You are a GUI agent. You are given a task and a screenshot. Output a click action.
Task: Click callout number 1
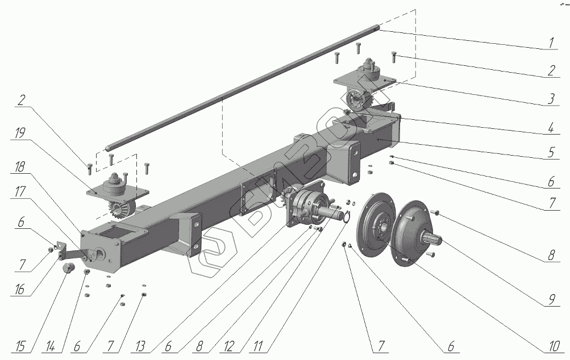[551, 43]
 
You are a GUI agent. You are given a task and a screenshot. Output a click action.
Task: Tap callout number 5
[551, 153]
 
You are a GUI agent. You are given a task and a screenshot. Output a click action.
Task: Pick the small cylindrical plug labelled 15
[69, 267]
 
